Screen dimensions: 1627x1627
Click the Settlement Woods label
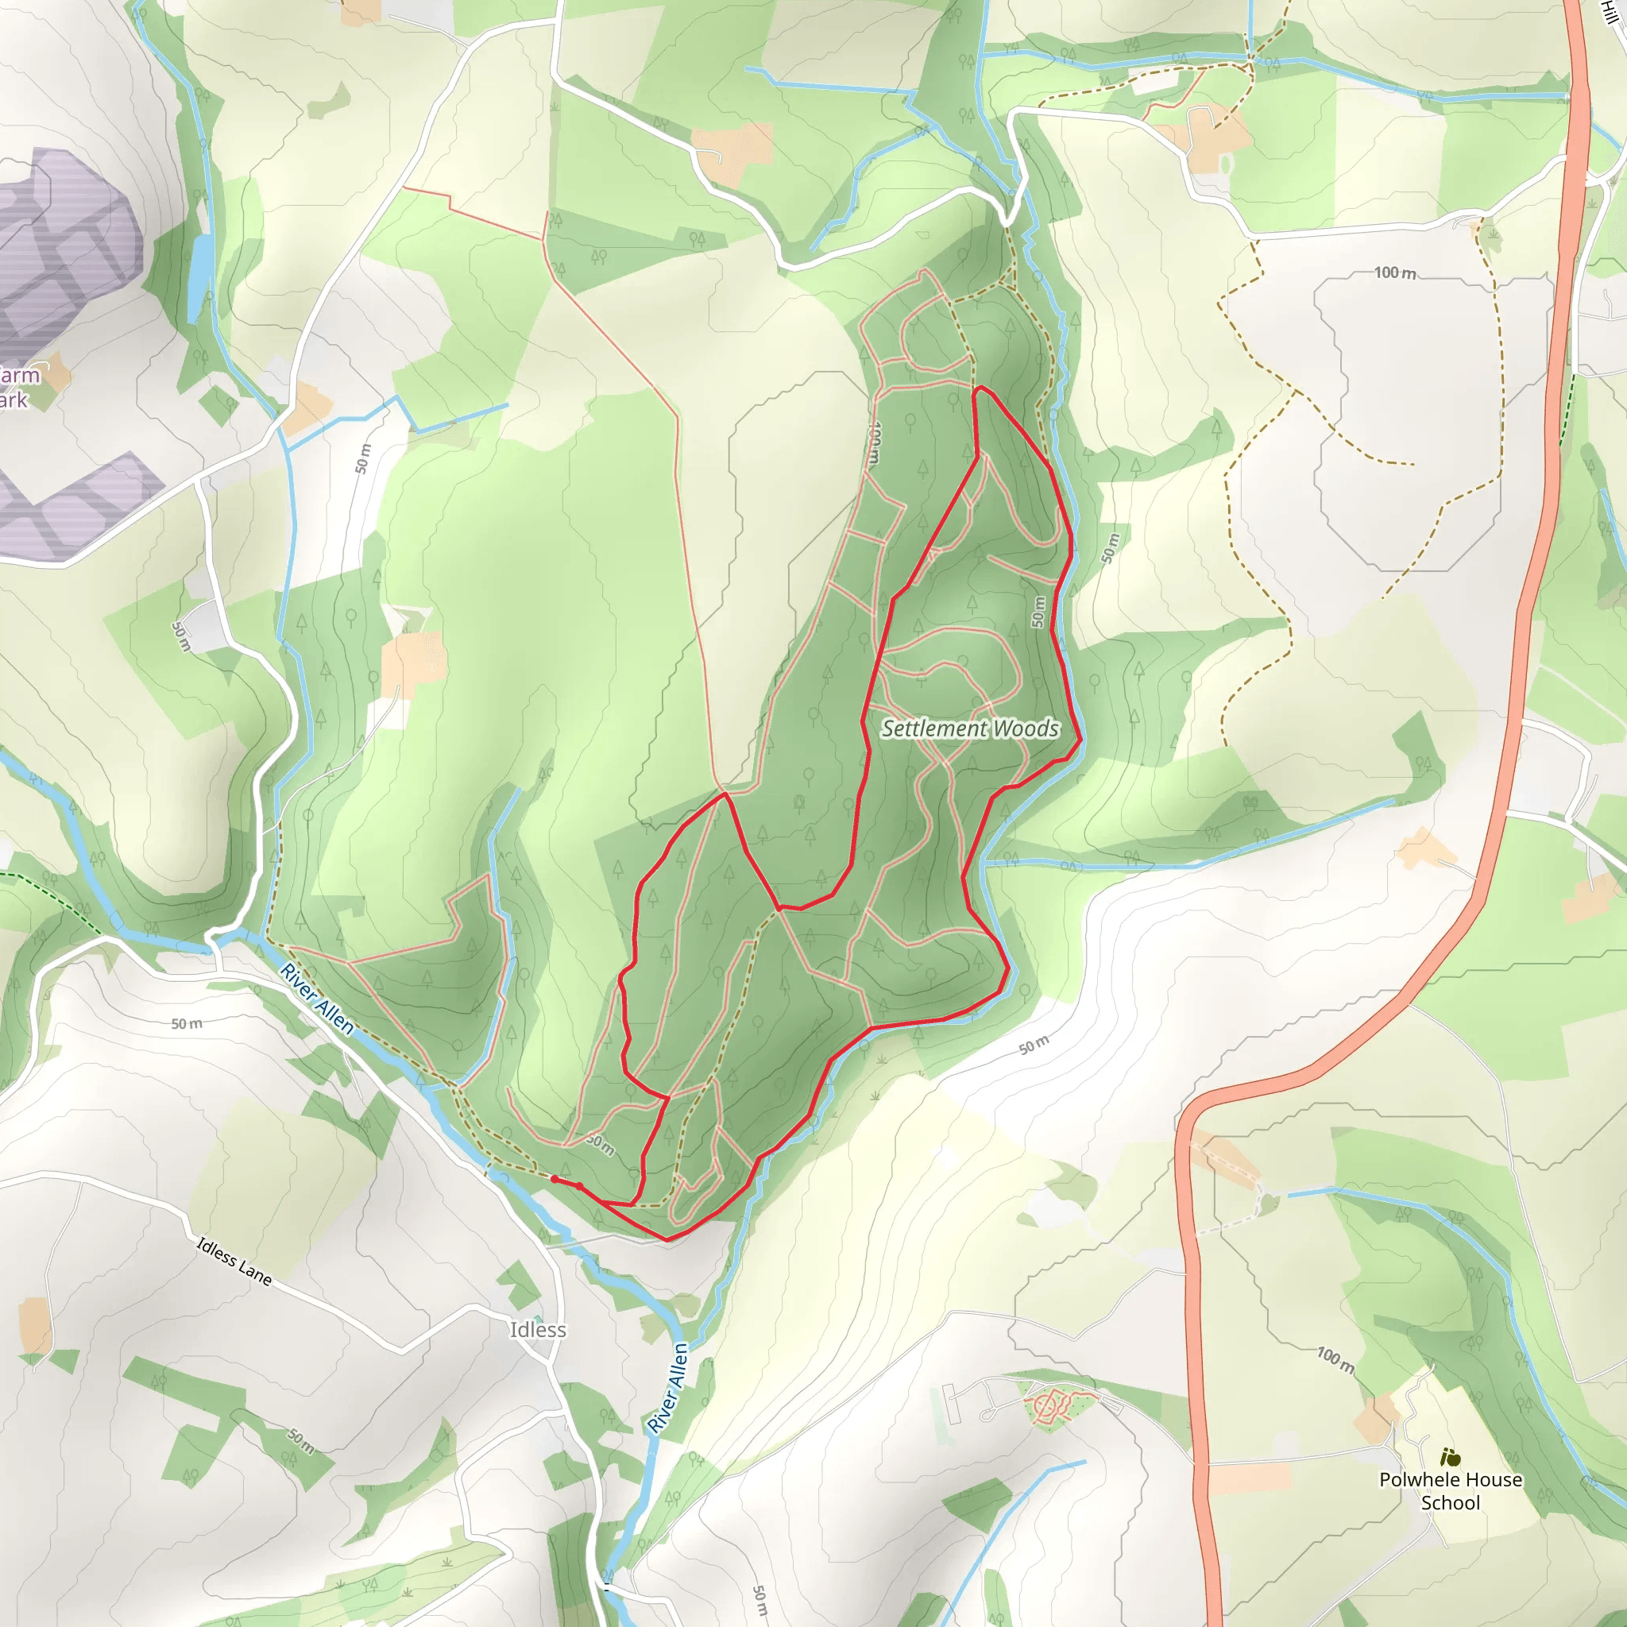click(969, 728)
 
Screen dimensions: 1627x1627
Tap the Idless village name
click(537, 1329)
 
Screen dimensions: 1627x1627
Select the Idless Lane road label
click(234, 1261)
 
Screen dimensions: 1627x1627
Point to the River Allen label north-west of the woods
click(317, 998)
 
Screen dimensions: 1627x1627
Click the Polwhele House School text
click(1450, 1490)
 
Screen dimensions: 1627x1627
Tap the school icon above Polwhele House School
click(1449, 1456)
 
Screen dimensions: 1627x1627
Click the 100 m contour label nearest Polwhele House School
click(1335, 1359)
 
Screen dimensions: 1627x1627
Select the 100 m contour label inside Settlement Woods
click(875, 444)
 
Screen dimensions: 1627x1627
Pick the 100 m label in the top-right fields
click(1394, 272)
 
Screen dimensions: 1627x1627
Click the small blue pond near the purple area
click(201, 265)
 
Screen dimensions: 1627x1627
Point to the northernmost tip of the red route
click(980, 388)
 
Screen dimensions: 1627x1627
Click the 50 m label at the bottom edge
click(759, 1599)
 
